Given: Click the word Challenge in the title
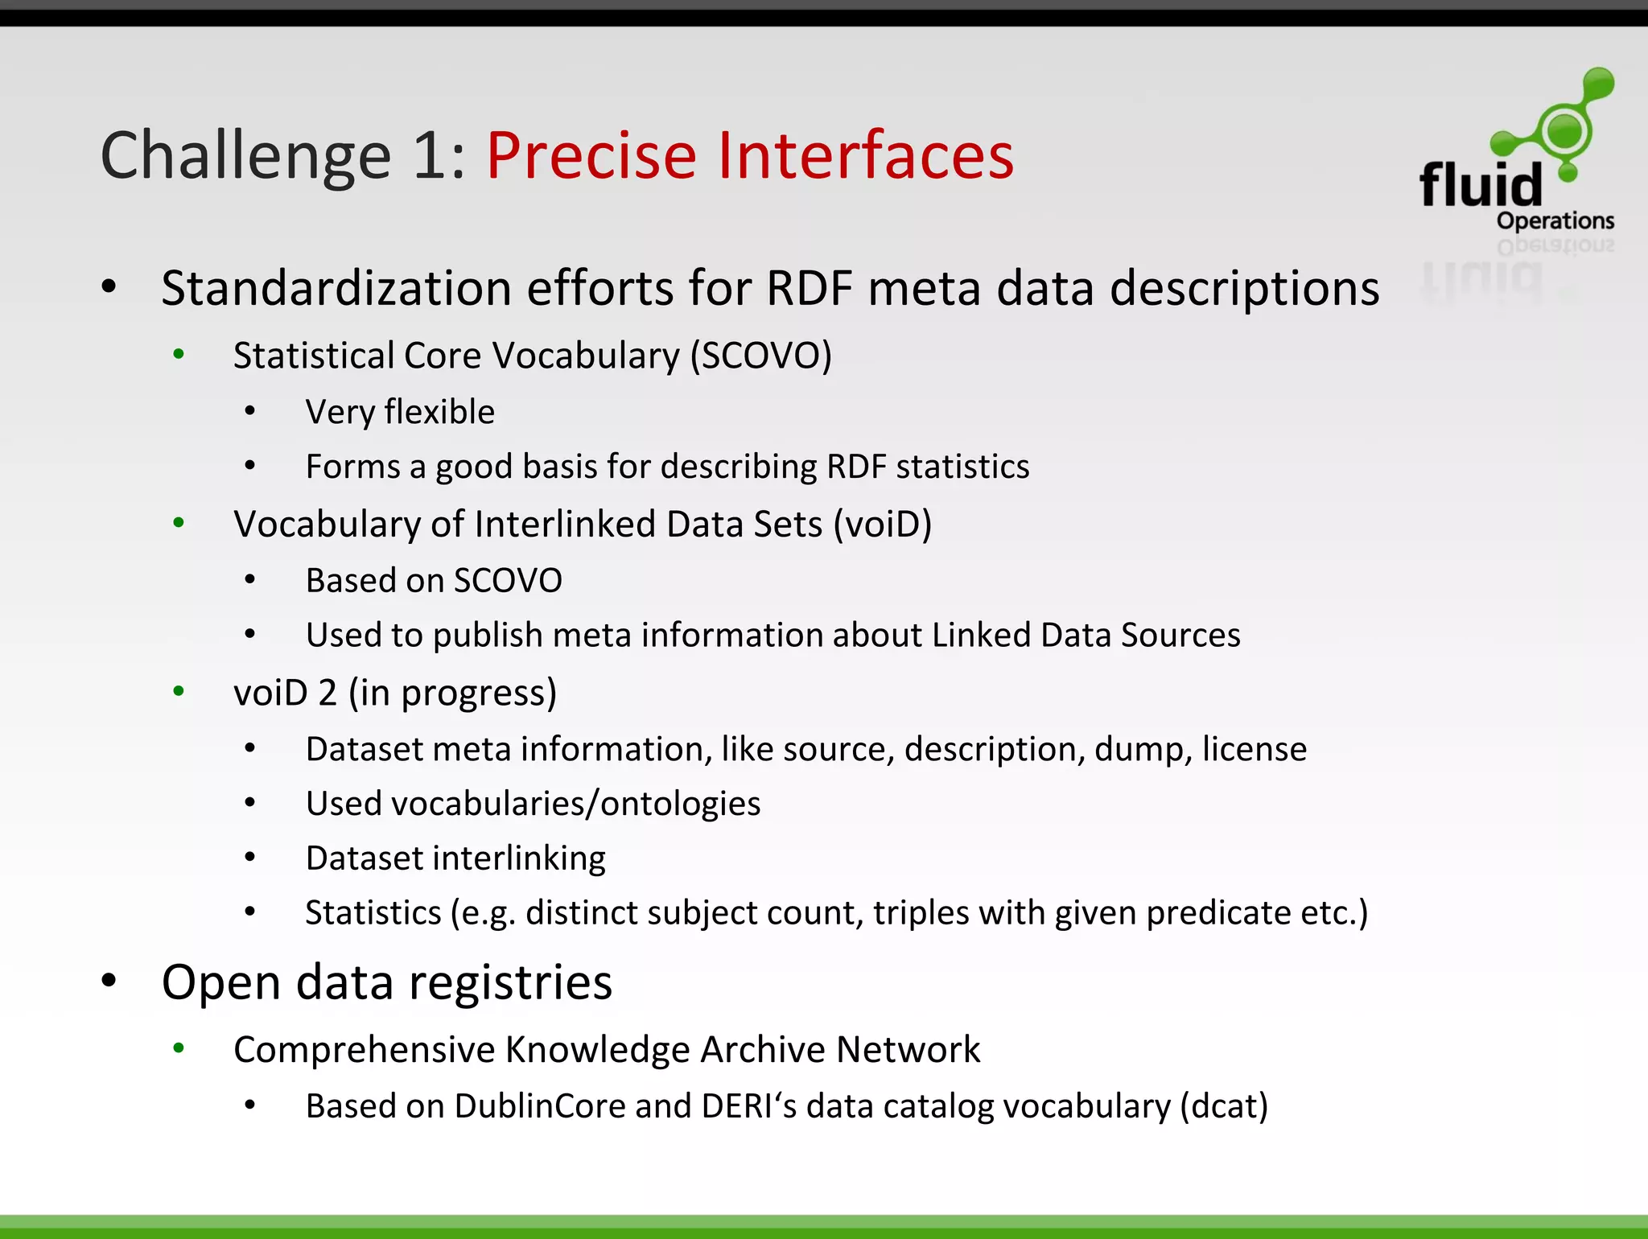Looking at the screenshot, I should click(x=245, y=157).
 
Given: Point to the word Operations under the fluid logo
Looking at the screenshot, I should click(x=1555, y=220).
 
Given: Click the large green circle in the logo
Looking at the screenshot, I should click(x=1564, y=130).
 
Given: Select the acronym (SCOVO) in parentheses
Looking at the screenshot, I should click(x=761, y=356).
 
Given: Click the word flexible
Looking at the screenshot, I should click(x=439, y=412).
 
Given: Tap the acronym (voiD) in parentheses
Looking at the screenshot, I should click(x=882, y=525).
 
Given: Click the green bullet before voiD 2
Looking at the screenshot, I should click(x=179, y=691).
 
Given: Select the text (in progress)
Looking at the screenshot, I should click(x=452, y=693).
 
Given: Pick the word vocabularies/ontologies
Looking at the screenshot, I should click(x=575, y=804).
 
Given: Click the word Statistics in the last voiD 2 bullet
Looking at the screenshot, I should click(x=373, y=913).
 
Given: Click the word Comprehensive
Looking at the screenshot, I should click(x=363, y=1050).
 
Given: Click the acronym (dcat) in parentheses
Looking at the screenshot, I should click(x=1223, y=1106).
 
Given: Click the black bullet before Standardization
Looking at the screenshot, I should click(x=109, y=286).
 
